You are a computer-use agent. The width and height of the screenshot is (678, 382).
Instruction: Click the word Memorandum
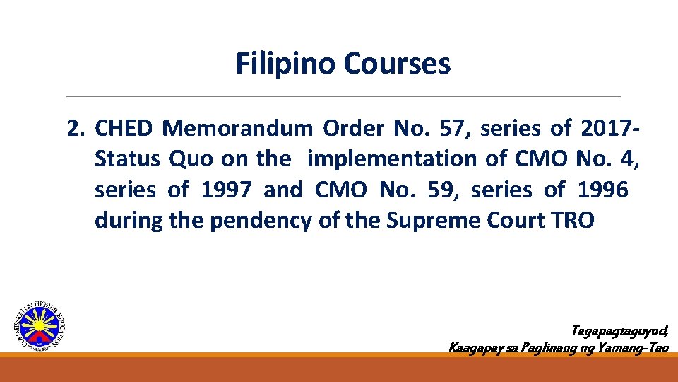tap(237, 129)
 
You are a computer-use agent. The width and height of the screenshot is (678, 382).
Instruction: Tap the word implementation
tap(393, 159)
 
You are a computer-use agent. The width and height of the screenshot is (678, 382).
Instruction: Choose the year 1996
tap(603, 190)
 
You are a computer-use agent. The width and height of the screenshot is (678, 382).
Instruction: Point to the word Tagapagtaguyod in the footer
tap(619, 331)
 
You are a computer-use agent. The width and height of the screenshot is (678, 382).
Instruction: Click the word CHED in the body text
tap(123, 129)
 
